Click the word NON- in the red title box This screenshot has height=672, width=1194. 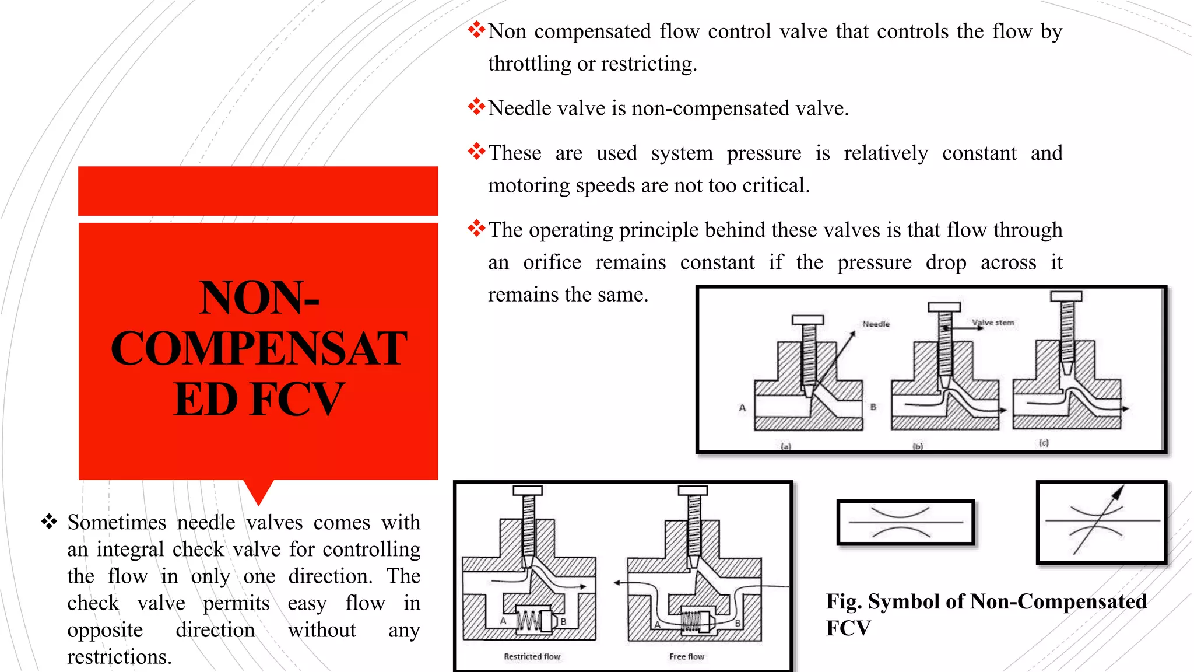point(259,297)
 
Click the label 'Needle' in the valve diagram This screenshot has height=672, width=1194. point(876,324)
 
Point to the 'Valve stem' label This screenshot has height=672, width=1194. point(992,323)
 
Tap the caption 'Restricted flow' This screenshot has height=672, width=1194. point(532,656)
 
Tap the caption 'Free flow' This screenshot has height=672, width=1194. point(686,656)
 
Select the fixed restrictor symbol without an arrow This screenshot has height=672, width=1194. point(905,522)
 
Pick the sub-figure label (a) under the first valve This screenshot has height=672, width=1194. point(786,446)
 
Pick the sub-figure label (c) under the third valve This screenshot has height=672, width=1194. point(1044,443)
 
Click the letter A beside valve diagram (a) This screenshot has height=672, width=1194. point(742,408)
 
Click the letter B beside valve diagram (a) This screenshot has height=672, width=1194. point(873,407)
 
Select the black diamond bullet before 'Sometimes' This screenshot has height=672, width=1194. point(49,521)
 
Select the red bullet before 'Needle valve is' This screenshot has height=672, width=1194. point(476,107)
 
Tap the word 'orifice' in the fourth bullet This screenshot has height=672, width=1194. point(552,262)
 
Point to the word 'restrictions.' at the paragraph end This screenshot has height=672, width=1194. point(120,657)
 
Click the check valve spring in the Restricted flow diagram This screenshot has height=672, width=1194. point(529,621)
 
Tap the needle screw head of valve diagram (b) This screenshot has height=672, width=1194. point(944,307)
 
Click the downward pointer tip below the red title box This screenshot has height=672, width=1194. point(258,502)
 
